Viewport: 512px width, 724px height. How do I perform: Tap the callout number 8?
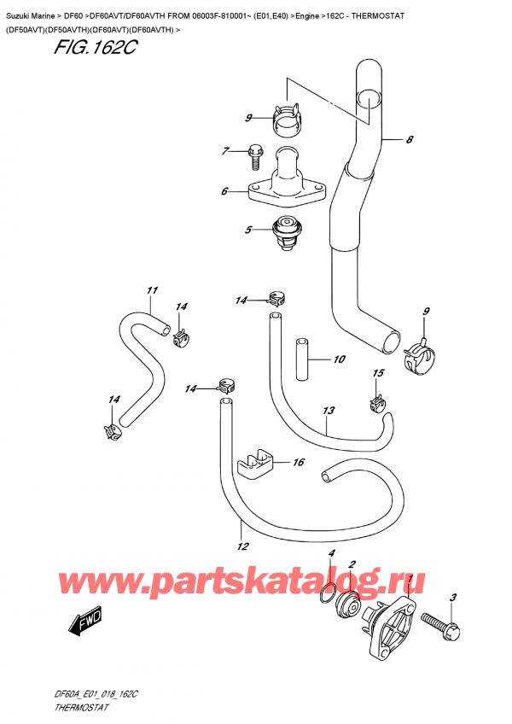[410, 140]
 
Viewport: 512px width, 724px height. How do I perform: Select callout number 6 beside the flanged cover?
[224, 191]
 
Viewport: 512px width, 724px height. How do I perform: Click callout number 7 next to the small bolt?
[224, 151]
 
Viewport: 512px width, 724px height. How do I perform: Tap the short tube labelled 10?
[300, 358]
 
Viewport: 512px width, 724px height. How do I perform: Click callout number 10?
[339, 359]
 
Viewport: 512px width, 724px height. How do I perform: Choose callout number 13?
[329, 411]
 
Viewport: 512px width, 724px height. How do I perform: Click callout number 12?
[242, 546]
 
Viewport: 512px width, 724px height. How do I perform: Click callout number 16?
[299, 463]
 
